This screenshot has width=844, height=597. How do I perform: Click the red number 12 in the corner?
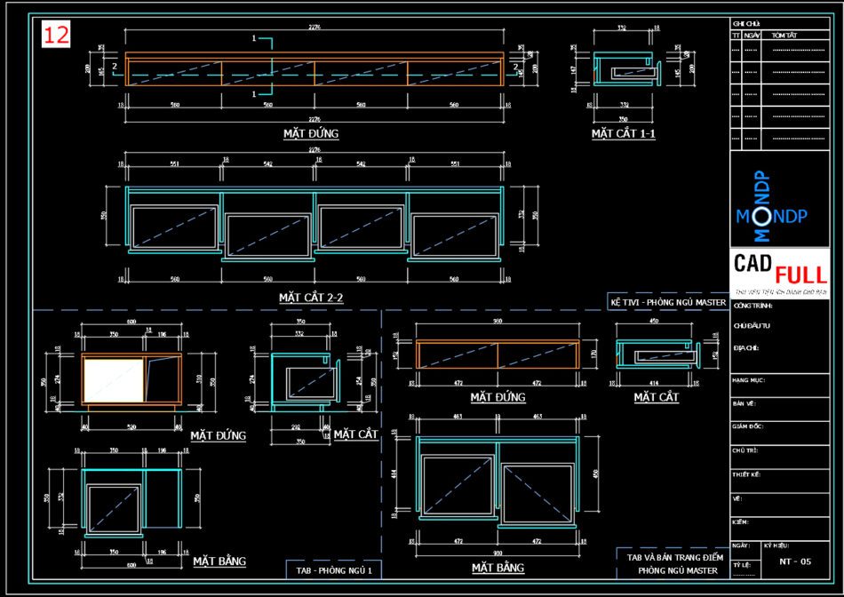(x=56, y=35)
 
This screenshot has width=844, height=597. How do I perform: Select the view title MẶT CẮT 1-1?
(x=624, y=133)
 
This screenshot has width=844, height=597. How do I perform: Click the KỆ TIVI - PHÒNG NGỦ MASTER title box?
(x=668, y=302)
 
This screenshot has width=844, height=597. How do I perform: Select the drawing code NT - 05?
(x=795, y=561)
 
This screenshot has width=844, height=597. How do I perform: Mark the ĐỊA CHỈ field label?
(x=746, y=347)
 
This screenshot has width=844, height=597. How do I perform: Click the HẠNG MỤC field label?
(x=749, y=379)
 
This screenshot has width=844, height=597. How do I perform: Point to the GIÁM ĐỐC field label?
(x=749, y=426)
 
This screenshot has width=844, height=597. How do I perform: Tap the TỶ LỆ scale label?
(x=741, y=564)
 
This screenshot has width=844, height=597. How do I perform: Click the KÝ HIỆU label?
(x=775, y=545)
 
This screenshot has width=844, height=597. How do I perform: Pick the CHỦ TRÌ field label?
(x=746, y=450)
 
